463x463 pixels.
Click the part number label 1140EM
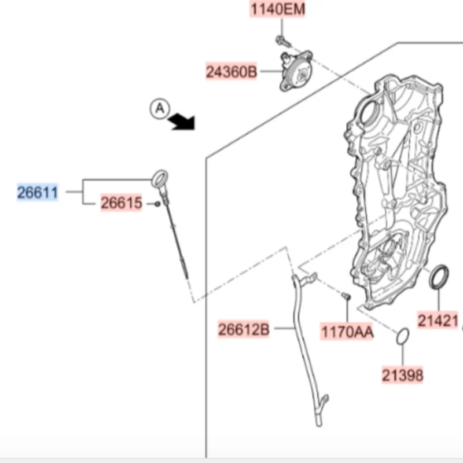point(277,9)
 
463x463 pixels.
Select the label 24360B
point(231,72)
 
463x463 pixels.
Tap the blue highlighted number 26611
point(38,193)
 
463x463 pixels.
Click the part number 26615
point(122,203)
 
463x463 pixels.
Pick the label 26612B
point(244,329)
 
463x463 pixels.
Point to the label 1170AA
point(347,332)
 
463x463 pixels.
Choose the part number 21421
point(438,321)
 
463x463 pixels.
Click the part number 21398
point(402,375)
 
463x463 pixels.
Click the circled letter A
point(160,109)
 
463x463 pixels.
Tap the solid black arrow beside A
point(182,122)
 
